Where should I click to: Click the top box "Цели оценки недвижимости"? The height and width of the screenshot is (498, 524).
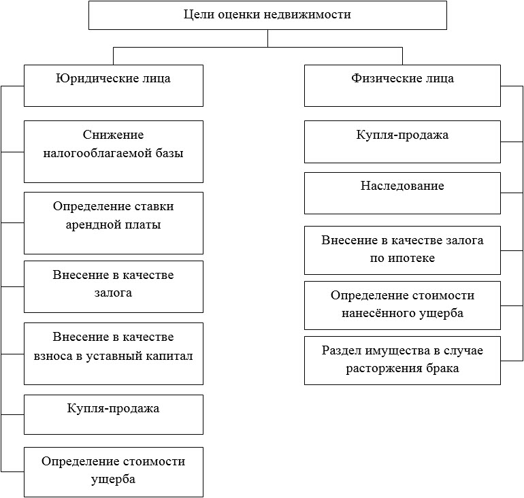(267, 16)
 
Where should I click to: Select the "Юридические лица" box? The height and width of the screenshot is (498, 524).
(114, 86)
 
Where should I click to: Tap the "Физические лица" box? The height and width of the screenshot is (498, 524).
(402, 86)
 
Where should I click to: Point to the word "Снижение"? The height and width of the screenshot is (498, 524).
(113, 135)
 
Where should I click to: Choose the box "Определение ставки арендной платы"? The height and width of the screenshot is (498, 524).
(114, 223)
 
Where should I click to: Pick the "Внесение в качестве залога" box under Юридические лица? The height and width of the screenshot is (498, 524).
(114, 287)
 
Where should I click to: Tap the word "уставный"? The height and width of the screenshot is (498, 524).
(112, 356)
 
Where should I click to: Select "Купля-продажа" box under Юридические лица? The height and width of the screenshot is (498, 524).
(114, 414)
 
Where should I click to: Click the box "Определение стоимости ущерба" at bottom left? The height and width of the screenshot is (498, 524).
(114, 472)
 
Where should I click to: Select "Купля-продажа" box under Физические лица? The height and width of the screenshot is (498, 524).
(402, 142)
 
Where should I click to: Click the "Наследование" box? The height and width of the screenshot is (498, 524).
(402, 193)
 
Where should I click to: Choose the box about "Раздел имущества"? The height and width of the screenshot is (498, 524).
(402, 361)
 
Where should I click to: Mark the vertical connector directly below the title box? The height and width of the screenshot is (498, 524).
(267, 38)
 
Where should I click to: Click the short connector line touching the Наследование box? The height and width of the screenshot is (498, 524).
(512, 193)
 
